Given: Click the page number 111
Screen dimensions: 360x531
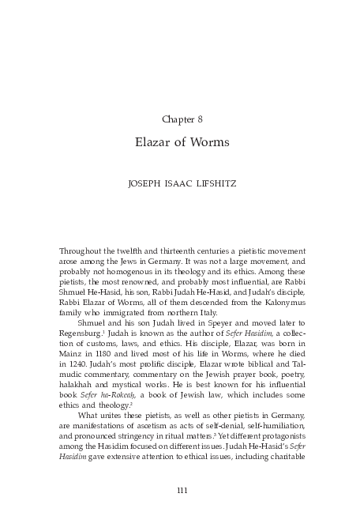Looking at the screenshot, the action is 181,492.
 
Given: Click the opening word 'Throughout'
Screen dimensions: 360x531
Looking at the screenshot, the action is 81,250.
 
